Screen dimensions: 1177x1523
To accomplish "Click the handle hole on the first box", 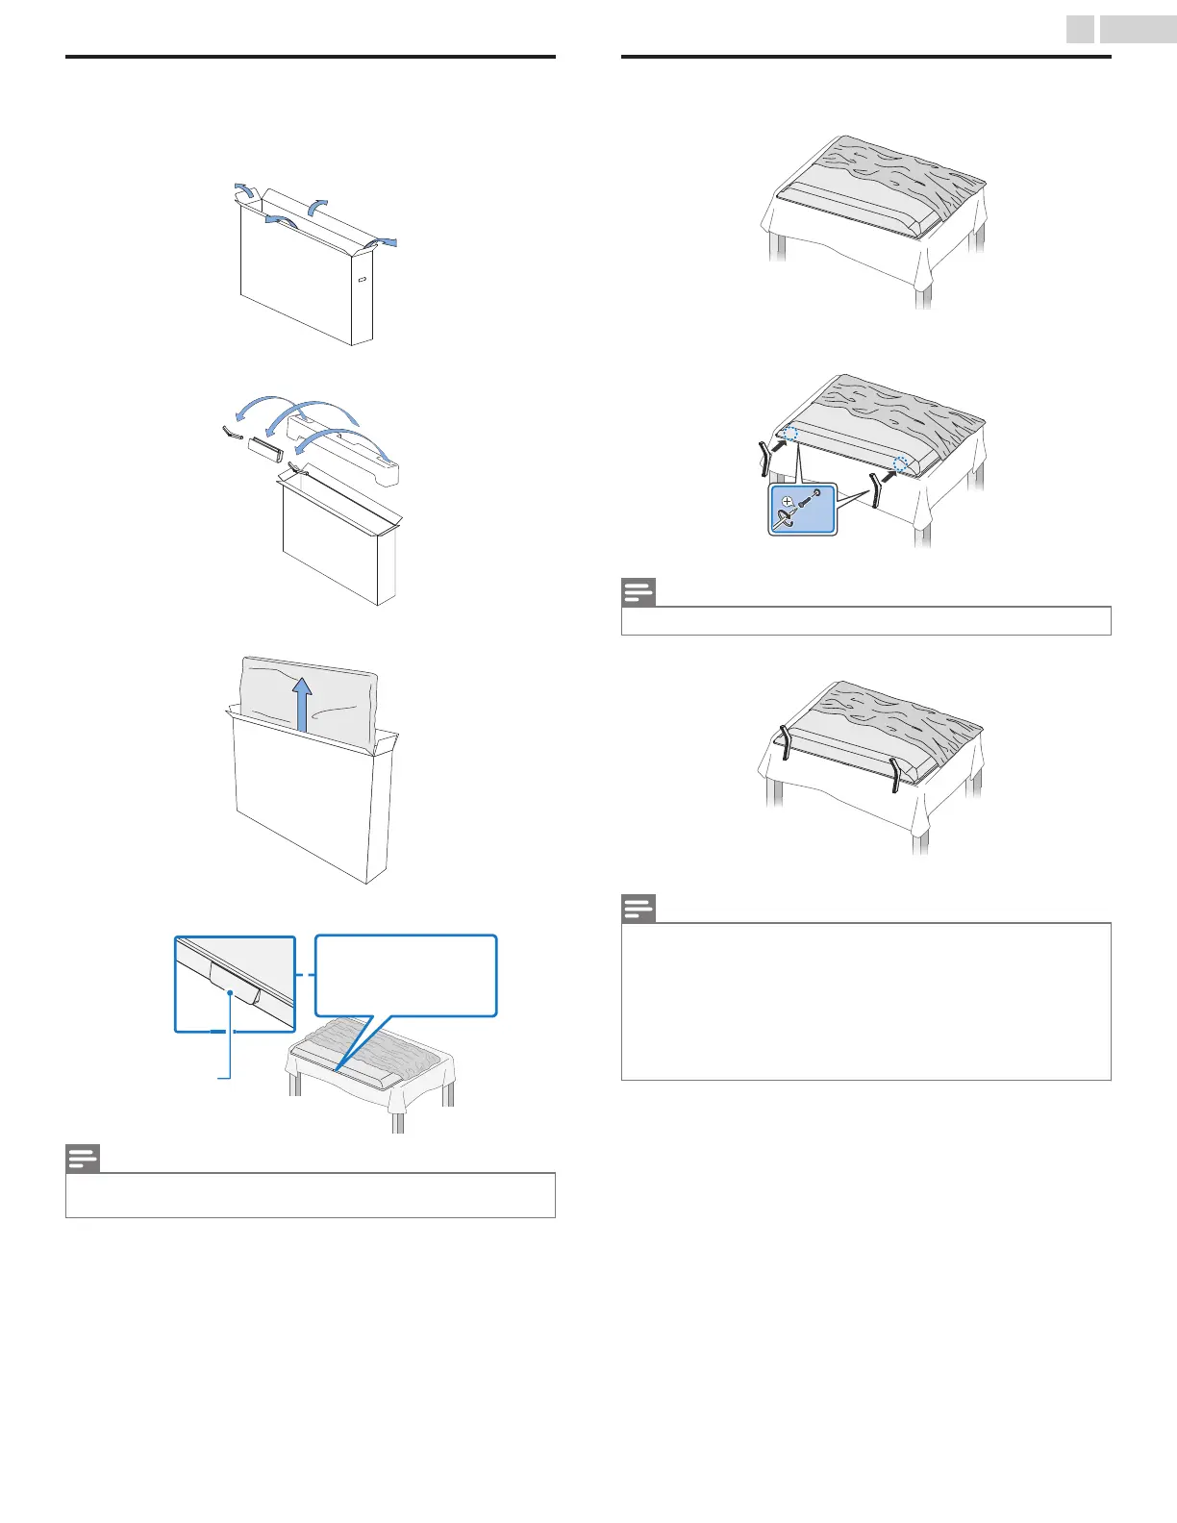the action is point(363,281).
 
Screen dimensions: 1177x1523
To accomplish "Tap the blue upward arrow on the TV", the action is point(302,703).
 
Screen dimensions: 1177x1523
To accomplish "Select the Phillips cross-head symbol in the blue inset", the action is point(789,501).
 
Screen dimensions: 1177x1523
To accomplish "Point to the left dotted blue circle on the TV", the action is point(789,434).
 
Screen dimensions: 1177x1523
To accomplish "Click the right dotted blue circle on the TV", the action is point(899,465).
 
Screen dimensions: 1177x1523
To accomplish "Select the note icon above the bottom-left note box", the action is point(83,1159).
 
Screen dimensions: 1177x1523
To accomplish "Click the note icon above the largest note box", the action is point(639,908).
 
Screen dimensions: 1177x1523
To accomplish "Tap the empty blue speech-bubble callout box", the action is point(406,974).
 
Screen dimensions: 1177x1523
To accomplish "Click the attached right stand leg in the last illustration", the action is point(895,774).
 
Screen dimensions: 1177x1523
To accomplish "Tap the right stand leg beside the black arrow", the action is point(876,492).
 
